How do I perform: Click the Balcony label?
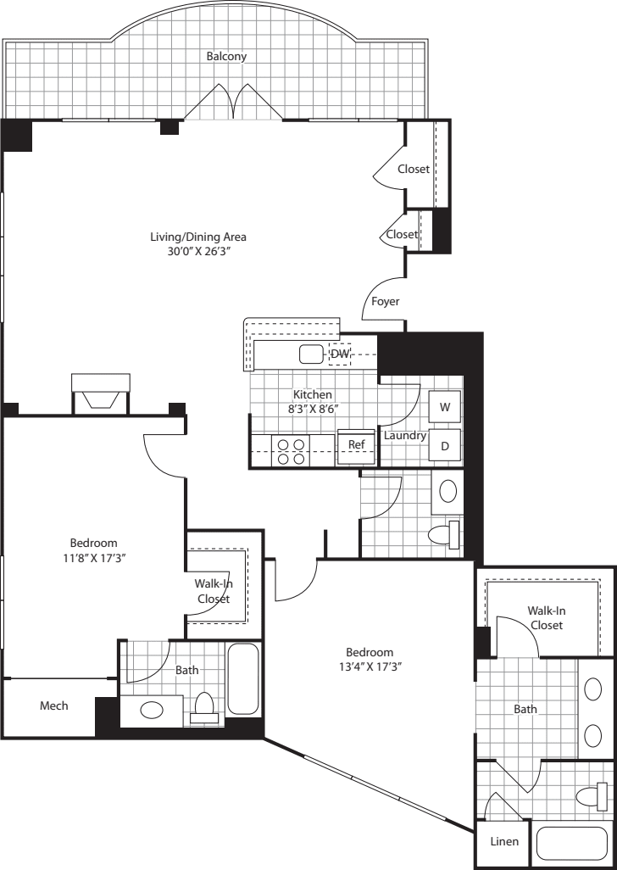click(x=226, y=57)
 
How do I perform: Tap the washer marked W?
click(x=444, y=406)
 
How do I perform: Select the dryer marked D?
click(x=444, y=443)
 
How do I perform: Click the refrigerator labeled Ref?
click(x=356, y=444)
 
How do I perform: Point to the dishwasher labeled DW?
click(x=340, y=354)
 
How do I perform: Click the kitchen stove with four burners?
click(x=290, y=450)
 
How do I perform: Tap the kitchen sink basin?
click(x=311, y=354)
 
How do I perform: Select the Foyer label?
click(x=386, y=301)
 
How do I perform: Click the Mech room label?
click(x=54, y=705)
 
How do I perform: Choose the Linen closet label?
click(x=503, y=842)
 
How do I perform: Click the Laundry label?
click(x=403, y=436)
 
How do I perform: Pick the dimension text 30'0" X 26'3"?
click(x=198, y=252)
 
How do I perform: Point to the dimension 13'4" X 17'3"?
click(x=370, y=666)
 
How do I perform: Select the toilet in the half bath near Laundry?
click(x=444, y=535)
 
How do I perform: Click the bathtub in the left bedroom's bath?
click(x=243, y=678)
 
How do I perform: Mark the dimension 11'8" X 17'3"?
click(x=93, y=557)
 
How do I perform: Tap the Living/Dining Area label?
click(x=198, y=237)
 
